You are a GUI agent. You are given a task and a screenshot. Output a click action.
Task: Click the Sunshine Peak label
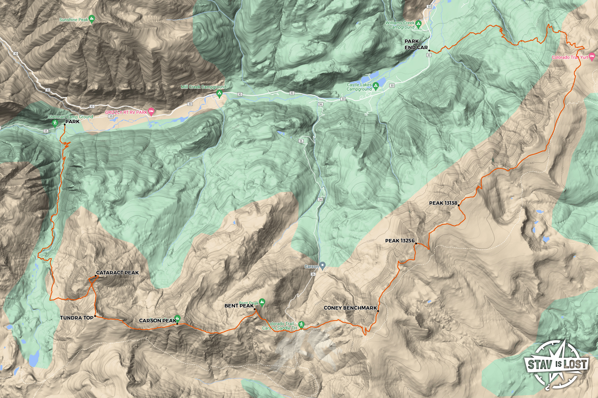pos(74,20)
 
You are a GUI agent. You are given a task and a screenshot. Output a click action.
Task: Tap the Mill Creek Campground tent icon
pos(220,93)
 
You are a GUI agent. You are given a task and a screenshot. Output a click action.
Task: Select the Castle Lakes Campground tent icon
pos(376,86)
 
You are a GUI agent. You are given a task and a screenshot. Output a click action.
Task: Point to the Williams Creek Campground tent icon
pos(419,24)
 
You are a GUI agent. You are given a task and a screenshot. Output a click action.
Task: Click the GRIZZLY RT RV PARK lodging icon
pos(151,111)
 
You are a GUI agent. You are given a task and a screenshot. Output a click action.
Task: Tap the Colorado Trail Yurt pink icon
pos(592,57)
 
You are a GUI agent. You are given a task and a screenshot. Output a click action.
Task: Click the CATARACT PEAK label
pos(117,273)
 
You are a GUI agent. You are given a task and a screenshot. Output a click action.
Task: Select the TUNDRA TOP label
pos(77,318)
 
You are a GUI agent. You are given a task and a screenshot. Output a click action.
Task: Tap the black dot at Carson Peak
pos(177,324)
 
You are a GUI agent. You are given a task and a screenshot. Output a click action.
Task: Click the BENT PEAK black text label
pos(239,306)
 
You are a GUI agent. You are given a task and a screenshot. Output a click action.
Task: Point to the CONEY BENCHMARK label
pos(350,308)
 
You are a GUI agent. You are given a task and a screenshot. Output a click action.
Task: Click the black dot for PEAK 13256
pos(416,244)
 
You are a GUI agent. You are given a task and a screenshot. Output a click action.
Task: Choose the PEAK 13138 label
pos(443,203)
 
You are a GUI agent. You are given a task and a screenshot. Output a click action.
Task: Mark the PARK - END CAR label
pos(416,44)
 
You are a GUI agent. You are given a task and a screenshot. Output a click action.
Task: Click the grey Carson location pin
pos(323,265)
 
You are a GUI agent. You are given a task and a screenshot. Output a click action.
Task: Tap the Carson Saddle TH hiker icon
pos(301,325)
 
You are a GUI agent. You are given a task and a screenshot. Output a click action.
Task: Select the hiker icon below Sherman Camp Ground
pos(55,124)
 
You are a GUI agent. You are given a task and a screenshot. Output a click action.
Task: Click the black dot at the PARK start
pos(64,125)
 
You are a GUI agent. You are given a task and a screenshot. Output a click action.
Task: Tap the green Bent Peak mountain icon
pos(262,302)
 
